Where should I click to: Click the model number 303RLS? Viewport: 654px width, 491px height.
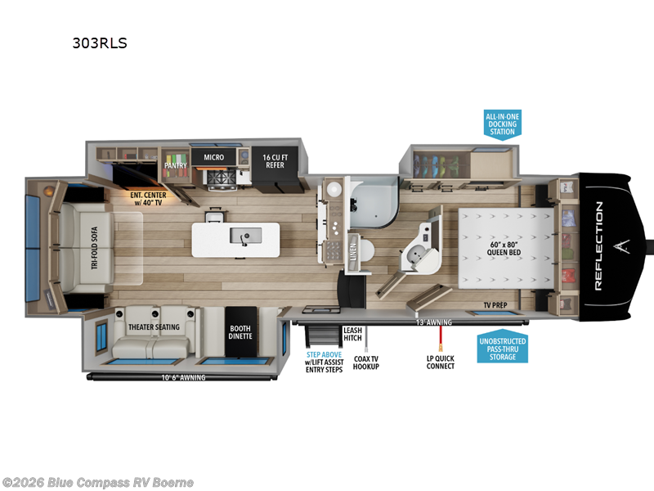100,43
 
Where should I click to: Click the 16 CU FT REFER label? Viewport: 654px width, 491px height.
274,160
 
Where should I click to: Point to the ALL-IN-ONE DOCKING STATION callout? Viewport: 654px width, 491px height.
501,124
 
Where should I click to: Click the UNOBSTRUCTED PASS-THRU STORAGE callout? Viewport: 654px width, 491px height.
503,349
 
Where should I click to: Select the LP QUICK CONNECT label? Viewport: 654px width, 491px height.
441,361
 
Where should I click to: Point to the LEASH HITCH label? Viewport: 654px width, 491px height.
352,334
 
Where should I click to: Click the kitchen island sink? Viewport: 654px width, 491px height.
241,237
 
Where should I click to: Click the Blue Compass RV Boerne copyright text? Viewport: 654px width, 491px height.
98,482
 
